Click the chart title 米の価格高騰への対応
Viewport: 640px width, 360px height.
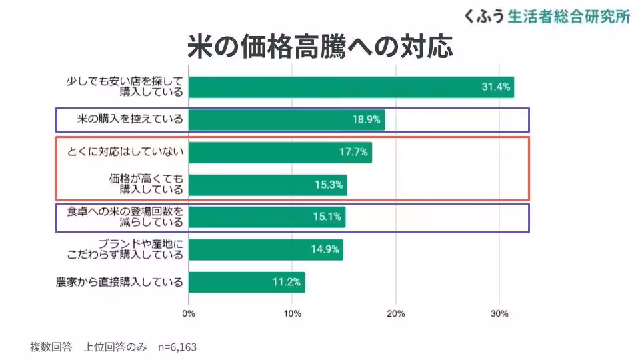[320, 48]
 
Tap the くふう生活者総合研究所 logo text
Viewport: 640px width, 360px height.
[547, 16]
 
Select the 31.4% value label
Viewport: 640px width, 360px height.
[495, 87]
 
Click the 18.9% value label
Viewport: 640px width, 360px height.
[366, 120]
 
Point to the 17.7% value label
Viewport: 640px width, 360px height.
[353, 152]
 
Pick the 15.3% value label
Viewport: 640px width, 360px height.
[329, 185]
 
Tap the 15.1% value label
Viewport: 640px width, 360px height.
[327, 217]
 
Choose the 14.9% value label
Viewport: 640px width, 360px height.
[325, 249]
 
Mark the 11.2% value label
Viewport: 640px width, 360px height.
[287, 281]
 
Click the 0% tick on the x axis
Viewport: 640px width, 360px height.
[189, 313]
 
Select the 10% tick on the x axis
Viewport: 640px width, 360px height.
[292, 313]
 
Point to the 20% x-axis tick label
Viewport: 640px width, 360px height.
[396, 313]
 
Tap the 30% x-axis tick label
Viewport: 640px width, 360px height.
[499, 313]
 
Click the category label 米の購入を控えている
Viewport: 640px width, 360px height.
[121, 120]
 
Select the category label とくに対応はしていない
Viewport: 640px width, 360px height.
[125, 152]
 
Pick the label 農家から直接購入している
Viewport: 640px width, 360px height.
[120, 281]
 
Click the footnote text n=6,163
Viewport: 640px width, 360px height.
[177, 347]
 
